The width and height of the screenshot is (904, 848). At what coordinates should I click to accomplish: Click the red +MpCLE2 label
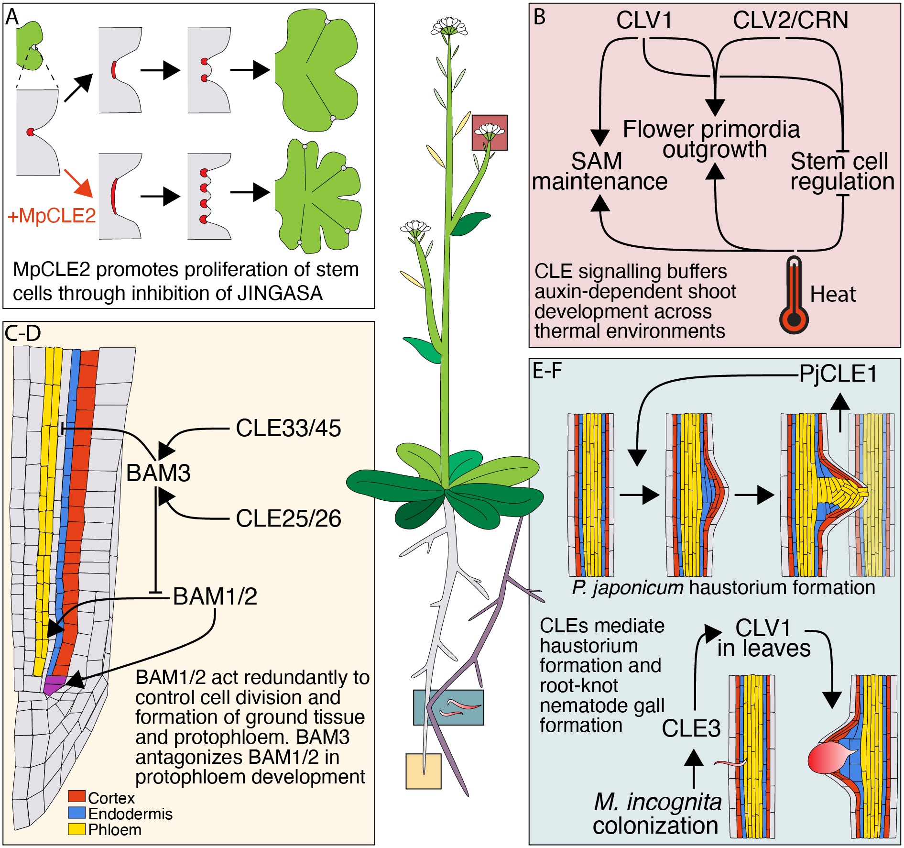(52, 216)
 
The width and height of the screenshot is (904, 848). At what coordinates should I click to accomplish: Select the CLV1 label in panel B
(644, 21)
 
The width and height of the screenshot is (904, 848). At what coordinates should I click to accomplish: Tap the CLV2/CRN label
(790, 21)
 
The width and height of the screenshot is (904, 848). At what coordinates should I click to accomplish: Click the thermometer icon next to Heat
(794, 296)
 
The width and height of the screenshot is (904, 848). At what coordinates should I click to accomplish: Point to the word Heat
(833, 294)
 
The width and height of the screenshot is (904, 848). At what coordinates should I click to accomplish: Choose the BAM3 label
(158, 474)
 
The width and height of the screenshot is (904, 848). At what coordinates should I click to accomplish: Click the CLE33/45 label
(288, 429)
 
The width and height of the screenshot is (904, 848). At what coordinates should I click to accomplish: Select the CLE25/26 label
(288, 519)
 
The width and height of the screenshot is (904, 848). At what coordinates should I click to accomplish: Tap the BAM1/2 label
(215, 596)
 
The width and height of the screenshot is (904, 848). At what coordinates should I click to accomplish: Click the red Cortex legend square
(76, 796)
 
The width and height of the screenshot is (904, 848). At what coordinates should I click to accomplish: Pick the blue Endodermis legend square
(76, 813)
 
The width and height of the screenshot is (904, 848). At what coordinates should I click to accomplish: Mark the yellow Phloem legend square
(76, 829)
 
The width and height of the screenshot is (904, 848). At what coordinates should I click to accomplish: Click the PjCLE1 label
(838, 374)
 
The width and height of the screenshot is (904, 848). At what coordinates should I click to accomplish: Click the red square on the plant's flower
(490, 132)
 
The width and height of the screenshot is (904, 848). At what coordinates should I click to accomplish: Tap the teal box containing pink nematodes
(448, 707)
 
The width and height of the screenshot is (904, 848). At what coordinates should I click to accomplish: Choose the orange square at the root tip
(423, 771)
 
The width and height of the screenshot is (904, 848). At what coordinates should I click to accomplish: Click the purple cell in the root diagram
(54, 684)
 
